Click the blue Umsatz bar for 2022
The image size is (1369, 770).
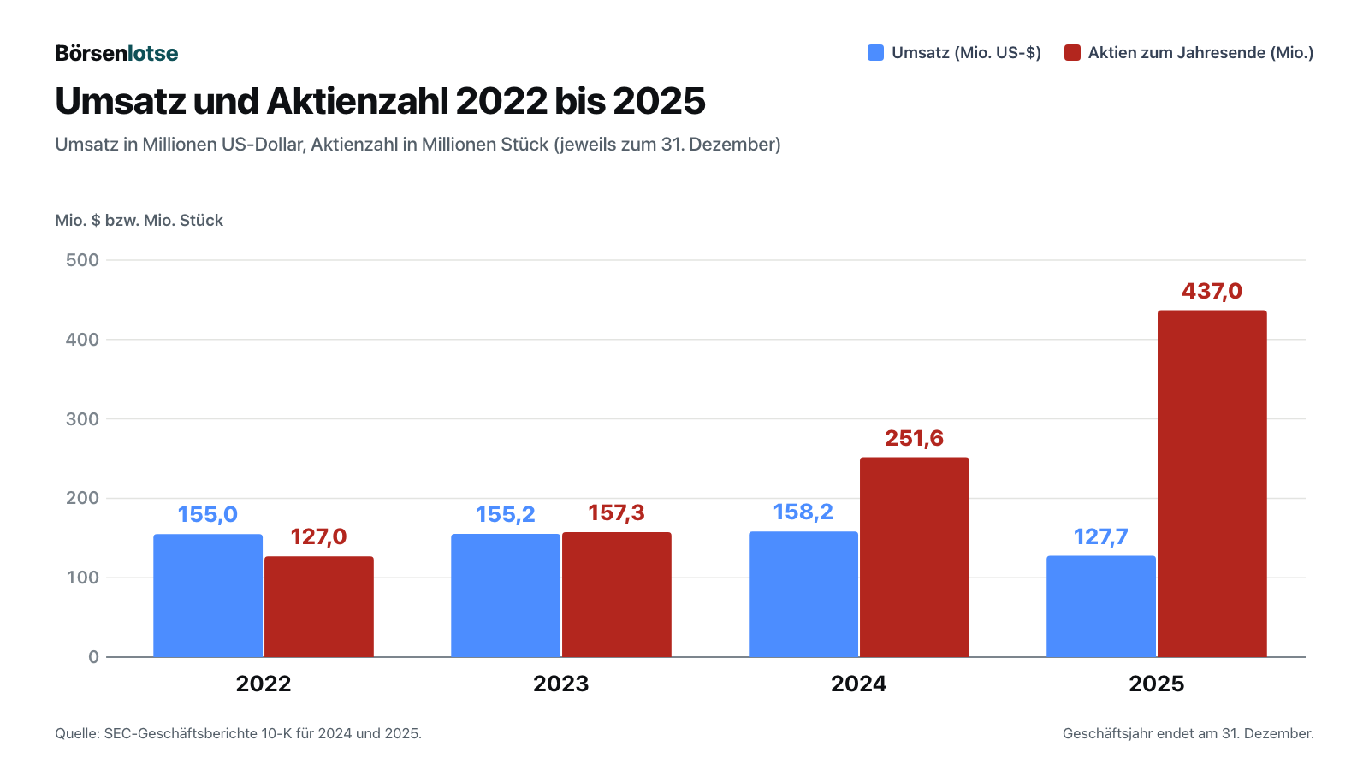point(208,595)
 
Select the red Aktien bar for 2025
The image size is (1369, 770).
point(1212,484)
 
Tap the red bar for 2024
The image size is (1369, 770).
point(915,557)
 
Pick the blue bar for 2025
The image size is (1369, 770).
point(1100,607)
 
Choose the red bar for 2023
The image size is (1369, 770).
point(617,595)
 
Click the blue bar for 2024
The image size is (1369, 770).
point(803,595)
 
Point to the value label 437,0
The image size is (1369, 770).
point(1212,291)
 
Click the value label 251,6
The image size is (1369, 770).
point(915,438)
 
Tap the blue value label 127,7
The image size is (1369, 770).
point(1100,536)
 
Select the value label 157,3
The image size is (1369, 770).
point(617,512)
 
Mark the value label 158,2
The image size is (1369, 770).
point(803,512)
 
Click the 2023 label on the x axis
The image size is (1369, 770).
point(561,684)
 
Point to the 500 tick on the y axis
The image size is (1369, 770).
point(82,260)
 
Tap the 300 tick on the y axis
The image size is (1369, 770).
point(82,419)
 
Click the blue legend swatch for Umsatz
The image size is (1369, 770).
point(875,52)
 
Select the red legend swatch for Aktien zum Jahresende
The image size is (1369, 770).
point(1072,52)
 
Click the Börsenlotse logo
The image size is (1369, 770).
point(116,53)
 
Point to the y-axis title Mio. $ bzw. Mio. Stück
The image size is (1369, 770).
point(139,221)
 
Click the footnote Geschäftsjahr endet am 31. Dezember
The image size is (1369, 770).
point(1188,733)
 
